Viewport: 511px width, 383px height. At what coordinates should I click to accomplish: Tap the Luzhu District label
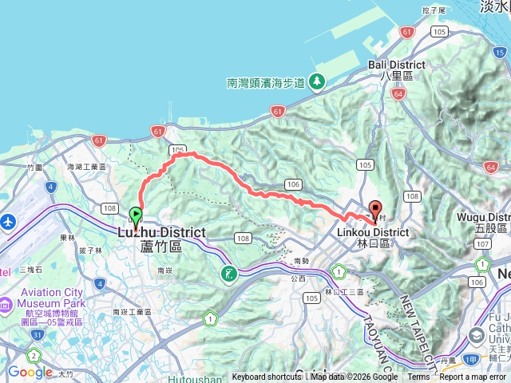[x=161, y=232]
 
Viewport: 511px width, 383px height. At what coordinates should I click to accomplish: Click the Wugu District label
[x=483, y=217]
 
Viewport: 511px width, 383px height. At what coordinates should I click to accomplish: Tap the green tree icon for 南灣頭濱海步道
[x=317, y=81]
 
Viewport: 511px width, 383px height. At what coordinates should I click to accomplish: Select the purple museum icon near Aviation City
[x=5, y=304]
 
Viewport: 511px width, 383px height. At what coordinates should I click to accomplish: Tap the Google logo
[x=30, y=372]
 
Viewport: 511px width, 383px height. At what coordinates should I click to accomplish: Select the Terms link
[x=418, y=377]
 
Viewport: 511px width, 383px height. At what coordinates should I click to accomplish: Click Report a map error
[x=473, y=377]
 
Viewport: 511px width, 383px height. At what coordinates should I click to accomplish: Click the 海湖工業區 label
[x=87, y=167]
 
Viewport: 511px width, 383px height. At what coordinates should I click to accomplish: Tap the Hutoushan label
[x=192, y=378]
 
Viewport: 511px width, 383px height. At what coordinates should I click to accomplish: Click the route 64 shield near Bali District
[x=398, y=93]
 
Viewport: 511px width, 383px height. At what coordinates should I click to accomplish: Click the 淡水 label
[x=492, y=6]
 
